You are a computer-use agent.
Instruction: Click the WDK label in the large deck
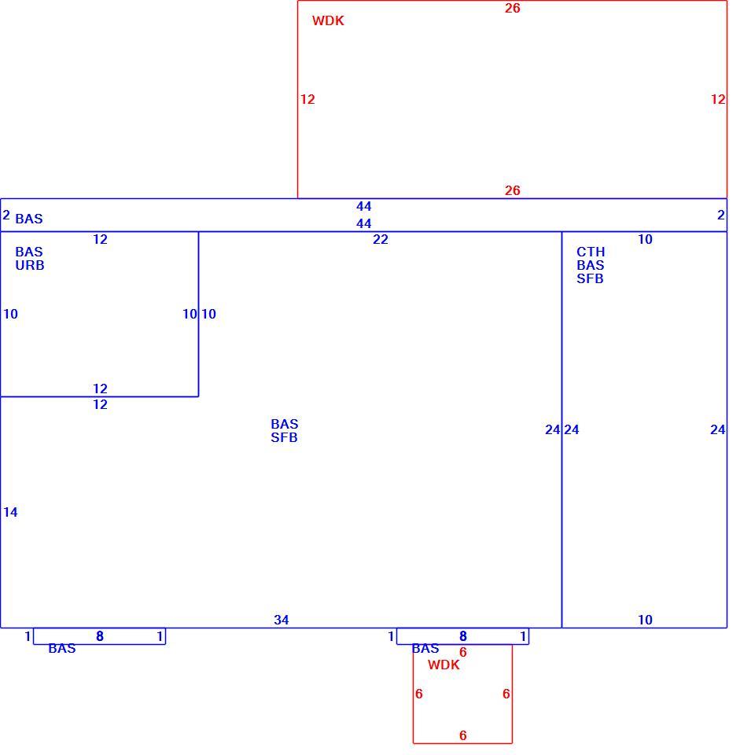328,20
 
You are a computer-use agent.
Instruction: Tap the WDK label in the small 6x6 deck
444,665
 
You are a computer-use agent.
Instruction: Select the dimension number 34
282,620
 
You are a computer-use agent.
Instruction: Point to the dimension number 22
381,239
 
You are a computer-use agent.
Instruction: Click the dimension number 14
10,512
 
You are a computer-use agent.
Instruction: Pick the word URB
30,265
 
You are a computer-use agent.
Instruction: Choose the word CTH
591,252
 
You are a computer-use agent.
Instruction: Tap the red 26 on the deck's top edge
512,8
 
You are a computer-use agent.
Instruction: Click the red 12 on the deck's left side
307,99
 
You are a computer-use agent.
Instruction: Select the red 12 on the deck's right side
718,99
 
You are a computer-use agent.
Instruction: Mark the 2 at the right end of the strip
721,215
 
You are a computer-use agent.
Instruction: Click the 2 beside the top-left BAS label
6,215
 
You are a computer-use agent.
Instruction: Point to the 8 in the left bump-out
100,636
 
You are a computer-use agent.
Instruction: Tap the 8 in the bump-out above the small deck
462,636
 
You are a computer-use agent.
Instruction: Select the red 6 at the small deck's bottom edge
462,735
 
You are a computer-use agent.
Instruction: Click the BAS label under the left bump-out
62,649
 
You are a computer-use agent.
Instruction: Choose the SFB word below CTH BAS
591,278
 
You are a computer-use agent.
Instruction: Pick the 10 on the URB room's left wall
10,314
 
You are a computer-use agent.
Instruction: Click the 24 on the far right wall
718,429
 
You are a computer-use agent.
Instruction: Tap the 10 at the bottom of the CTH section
645,620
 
